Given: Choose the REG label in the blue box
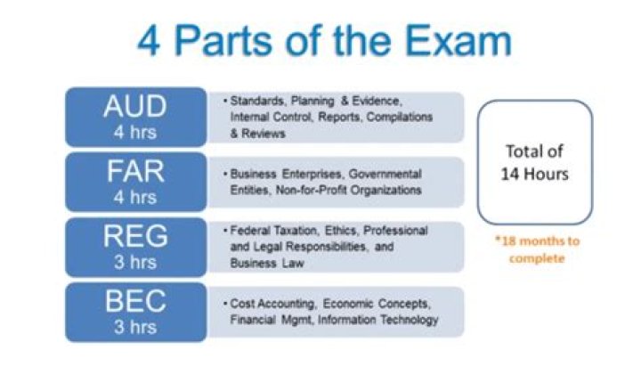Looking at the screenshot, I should click(x=134, y=236).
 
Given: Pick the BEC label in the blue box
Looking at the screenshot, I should click(x=134, y=303).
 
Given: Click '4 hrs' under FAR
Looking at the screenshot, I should click(x=134, y=196).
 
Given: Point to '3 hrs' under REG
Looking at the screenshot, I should click(x=134, y=262).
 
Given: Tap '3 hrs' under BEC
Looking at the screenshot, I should click(x=134, y=328).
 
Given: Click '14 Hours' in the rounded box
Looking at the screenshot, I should click(x=535, y=171).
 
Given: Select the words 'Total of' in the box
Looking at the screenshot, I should click(x=535, y=151).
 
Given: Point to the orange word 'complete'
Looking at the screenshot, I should click(x=535, y=259).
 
